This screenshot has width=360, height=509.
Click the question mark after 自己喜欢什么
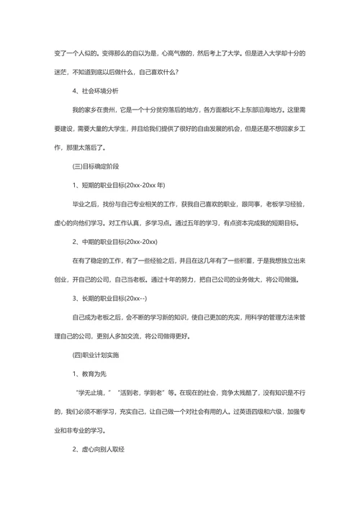[x=177, y=72]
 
